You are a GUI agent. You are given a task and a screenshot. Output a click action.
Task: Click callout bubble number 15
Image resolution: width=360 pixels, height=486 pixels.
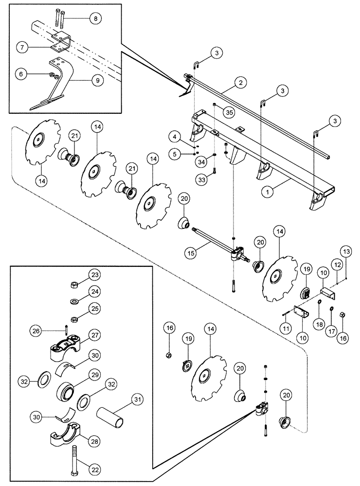coord(191,252)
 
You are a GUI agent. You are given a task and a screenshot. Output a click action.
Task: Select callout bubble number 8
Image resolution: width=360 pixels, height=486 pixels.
coord(95,18)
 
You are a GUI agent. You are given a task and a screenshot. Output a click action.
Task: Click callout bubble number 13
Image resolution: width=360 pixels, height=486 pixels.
coord(346,251)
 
